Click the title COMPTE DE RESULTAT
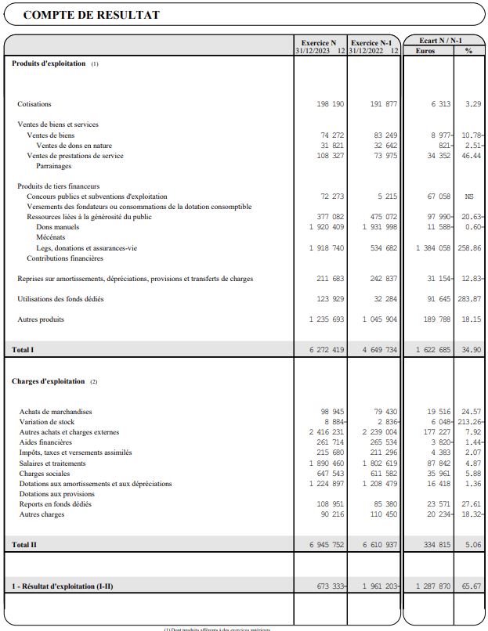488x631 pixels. pyautogui.click(x=92, y=15)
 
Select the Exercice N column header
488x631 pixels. pyautogui.click(x=320, y=42)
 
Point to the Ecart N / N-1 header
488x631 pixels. pyautogui.click(x=440, y=40)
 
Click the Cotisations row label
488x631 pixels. pyautogui.click(x=34, y=104)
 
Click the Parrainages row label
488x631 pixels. pyautogui.click(x=54, y=166)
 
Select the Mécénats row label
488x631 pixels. pyautogui.click(x=51, y=237)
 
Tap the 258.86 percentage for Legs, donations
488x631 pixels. pyautogui.click(x=468, y=248)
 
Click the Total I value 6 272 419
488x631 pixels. pyautogui.click(x=327, y=349)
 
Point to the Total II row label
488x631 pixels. pyautogui.click(x=23, y=544)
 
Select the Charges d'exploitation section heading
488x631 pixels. pyautogui.click(x=48, y=381)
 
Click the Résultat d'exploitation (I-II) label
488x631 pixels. pyautogui.click(x=62, y=586)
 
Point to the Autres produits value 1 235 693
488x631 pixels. pyautogui.click(x=327, y=319)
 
